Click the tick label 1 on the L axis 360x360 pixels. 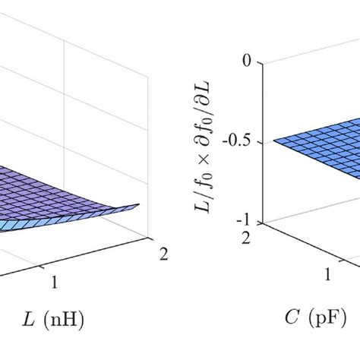pos(55,282)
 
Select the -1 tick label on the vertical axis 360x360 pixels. pos(244,222)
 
